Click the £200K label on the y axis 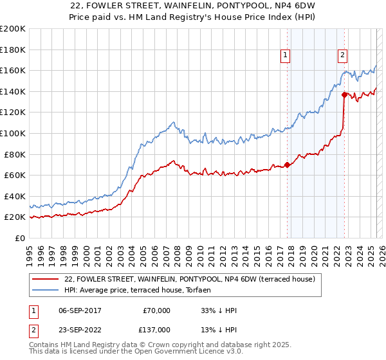(13, 28)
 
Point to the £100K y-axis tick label (13, 133)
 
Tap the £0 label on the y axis (21, 238)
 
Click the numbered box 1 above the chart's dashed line (285, 56)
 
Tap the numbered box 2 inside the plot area (343, 56)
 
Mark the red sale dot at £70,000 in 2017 (287, 165)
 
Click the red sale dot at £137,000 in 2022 (344, 94)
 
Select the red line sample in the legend (46, 280)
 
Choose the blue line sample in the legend (46, 290)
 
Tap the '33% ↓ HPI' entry (219, 310)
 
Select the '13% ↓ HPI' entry (219, 329)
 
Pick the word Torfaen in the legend (194, 290)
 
